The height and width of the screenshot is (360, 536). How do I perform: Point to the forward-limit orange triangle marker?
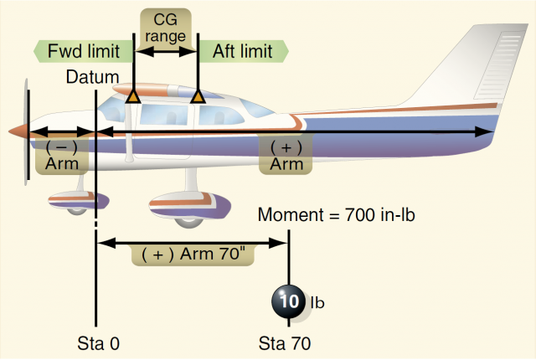click(x=132, y=98)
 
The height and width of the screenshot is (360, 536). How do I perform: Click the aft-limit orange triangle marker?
click(x=198, y=98)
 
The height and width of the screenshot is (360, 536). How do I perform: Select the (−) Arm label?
click(x=62, y=155)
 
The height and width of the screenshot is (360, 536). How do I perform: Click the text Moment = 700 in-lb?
click(x=337, y=215)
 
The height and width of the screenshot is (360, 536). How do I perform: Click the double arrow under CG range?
click(x=165, y=51)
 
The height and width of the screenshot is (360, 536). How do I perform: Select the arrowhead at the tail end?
click(x=485, y=131)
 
